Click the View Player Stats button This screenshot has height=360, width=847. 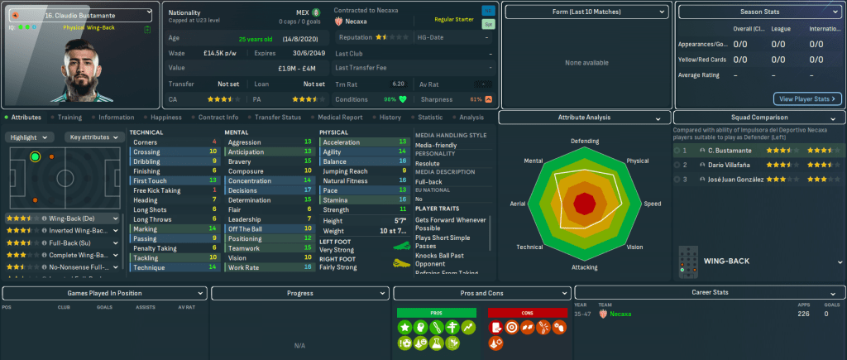point(807,98)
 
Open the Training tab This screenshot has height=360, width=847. point(69,118)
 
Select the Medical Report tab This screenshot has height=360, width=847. point(340,118)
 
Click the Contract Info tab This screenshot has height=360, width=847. point(218,118)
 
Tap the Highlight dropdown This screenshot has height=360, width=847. point(31,137)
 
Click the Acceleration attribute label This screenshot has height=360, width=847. point(342,142)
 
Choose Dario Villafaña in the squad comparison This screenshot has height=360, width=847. point(730,165)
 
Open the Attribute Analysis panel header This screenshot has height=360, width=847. point(584,118)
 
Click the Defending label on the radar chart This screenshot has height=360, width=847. point(585,142)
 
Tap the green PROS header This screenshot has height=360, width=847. point(437,312)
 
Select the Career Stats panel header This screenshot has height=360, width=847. point(710,293)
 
